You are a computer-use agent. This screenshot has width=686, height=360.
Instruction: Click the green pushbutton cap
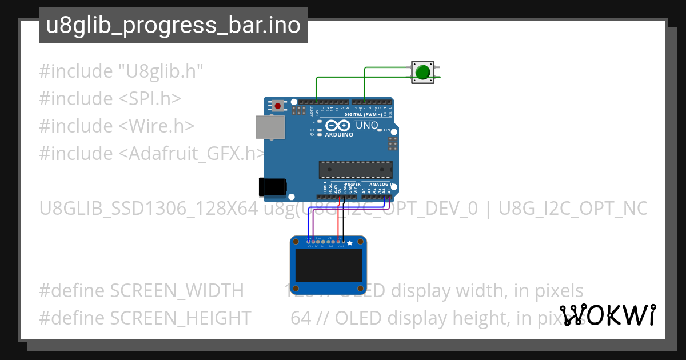tap(422, 72)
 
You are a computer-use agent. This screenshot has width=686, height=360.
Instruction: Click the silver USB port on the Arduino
tap(269, 127)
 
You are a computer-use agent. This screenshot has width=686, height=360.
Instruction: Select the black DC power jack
tap(273, 187)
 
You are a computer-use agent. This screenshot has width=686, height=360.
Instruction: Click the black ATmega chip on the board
tap(356, 170)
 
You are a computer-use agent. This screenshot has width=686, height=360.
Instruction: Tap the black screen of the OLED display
tap(328, 264)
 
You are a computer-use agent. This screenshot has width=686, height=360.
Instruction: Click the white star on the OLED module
tap(350, 243)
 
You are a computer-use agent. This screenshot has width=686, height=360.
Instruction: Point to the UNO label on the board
tap(366, 125)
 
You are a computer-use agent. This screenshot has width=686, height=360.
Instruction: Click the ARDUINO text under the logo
tap(338, 135)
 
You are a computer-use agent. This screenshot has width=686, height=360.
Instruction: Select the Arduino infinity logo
tap(338, 125)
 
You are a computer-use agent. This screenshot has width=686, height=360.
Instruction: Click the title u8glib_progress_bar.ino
tap(173, 26)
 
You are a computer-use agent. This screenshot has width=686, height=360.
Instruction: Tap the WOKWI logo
tap(607, 315)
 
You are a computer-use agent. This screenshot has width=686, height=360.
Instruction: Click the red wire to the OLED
tap(340, 217)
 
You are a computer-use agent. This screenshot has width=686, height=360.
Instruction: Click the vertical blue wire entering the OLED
tap(309, 226)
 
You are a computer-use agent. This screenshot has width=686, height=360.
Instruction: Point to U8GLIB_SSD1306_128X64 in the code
tap(149, 209)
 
